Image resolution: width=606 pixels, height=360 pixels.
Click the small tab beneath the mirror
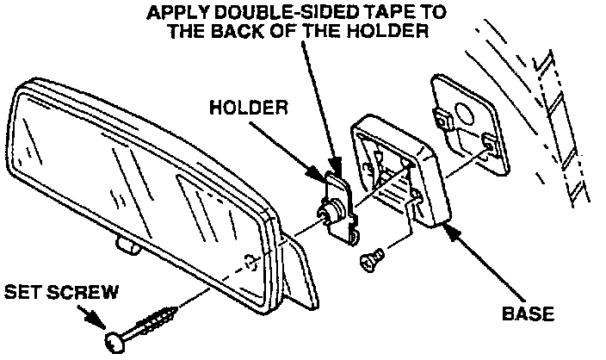click(x=127, y=248)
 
